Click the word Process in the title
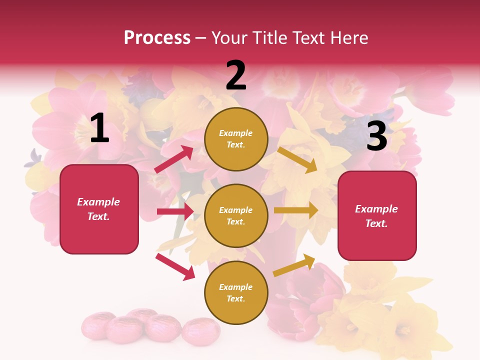(x=157, y=38)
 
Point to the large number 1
(x=99, y=128)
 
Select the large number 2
(x=236, y=75)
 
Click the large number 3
(x=376, y=136)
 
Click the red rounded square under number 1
(x=99, y=209)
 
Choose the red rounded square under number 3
(x=377, y=216)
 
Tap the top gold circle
(x=236, y=139)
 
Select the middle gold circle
(x=236, y=215)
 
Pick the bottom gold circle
(x=236, y=292)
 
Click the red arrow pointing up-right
(x=174, y=159)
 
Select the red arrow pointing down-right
(x=175, y=266)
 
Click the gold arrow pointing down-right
(x=297, y=159)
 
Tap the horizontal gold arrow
(x=296, y=210)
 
